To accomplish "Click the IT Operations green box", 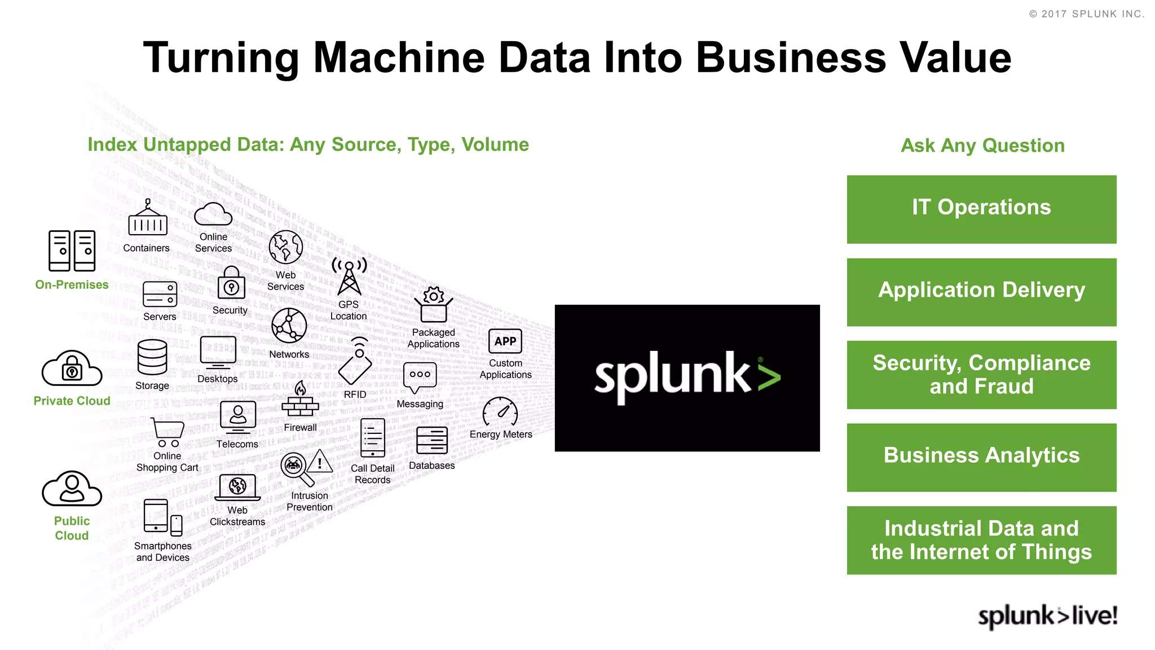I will tap(981, 209).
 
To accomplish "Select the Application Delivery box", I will tap(981, 292).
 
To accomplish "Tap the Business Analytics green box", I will tap(981, 457).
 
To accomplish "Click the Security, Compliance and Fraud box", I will tap(981, 375).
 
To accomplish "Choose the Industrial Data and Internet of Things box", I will tap(981, 540).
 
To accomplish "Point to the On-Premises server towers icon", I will tap(72, 251).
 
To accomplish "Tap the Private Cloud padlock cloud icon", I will tap(72, 368).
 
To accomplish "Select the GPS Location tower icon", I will tap(349, 276).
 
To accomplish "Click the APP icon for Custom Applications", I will tap(505, 341).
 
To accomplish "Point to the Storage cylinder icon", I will tap(152, 357).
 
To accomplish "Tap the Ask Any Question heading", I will tap(982, 146).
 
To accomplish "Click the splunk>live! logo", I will tap(1047, 616).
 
